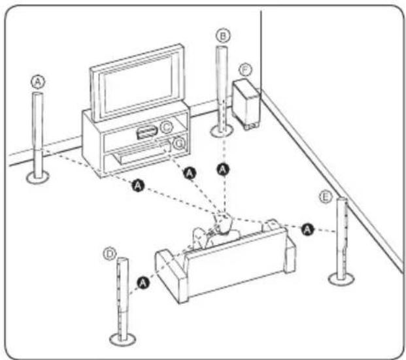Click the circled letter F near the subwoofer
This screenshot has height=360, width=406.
tap(245, 68)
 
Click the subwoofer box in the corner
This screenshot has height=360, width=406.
tap(246, 103)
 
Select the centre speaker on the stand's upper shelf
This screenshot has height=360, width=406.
tap(148, 131)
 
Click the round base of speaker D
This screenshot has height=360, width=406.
tap(122, 338)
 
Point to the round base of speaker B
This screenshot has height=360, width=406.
tap(223, 131)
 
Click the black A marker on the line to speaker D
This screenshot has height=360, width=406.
tap(142, 282)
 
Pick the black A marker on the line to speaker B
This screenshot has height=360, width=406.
tap(224, 169)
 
